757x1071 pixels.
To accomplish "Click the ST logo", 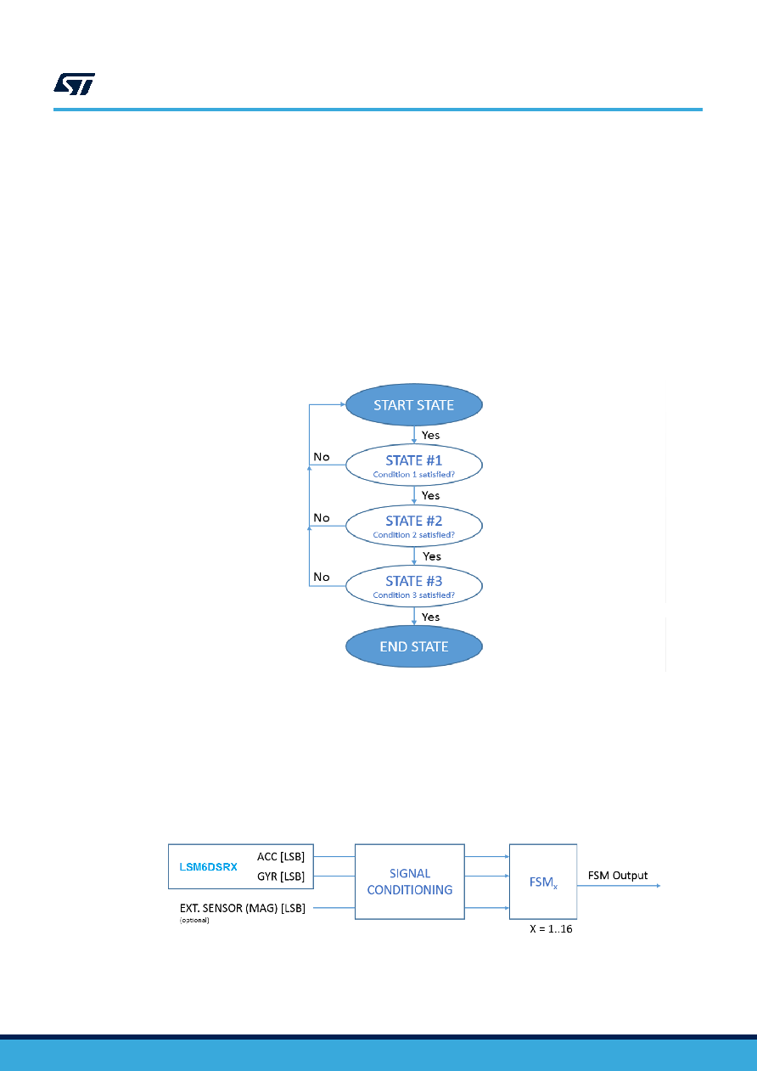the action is [74, 84].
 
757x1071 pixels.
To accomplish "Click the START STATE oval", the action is [413, 404].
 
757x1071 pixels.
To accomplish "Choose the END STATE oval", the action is [413, 646].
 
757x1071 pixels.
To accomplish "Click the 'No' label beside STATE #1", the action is [322, 457].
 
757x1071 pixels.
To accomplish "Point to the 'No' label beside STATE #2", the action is [322, 518].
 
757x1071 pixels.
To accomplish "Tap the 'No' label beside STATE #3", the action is [322, 577].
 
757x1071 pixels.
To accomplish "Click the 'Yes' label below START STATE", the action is [430, 435].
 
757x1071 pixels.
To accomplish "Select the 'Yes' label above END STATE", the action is [430, 617].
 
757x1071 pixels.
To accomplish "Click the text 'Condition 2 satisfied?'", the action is [413, 535].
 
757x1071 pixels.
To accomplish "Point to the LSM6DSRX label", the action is [208, 867].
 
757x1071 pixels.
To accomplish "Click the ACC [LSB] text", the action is [281, 857].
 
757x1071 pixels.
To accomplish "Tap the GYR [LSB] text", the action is [281, 877].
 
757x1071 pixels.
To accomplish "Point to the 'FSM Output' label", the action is [618, 876].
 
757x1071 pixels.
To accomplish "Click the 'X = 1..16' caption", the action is [551, 929].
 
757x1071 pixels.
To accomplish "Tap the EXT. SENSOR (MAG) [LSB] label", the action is [243, 908].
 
